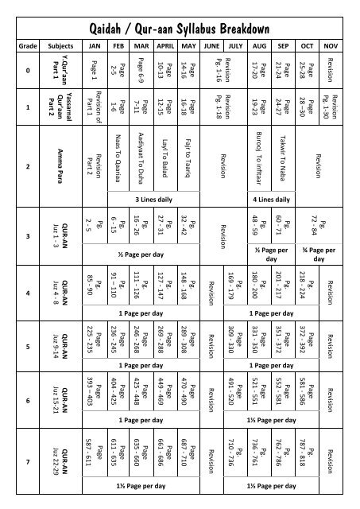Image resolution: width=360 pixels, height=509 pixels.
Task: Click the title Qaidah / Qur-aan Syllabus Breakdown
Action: pyautogui.click(x=180, y=29)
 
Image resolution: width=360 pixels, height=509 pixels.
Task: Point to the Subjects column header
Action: pyautogui.click(x=56, y=47)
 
